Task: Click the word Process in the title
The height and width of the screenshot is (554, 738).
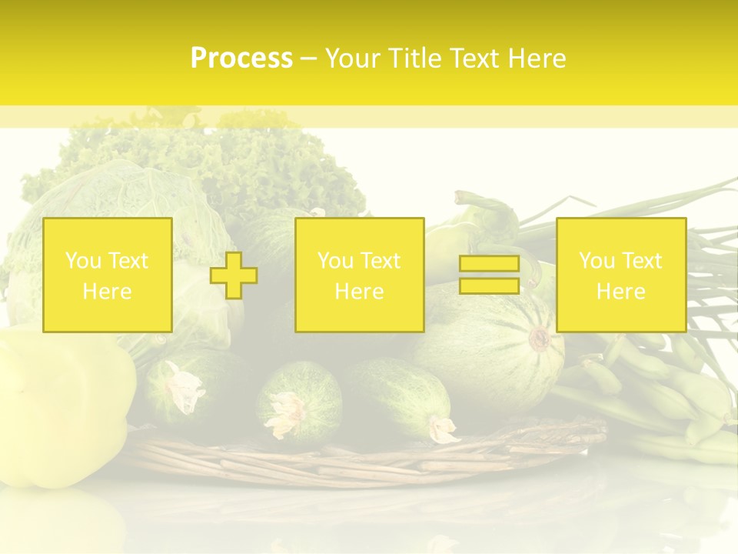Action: [x=241, y=58]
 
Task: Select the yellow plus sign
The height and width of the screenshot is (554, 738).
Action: [x=234, y=275]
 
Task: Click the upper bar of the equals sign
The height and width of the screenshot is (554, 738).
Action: [x=489, y=264]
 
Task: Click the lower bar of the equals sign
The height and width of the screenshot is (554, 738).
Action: [x=489, y=285]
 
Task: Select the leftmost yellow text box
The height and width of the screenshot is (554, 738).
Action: [x=108, y=275]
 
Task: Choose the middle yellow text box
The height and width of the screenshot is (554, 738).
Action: [x=359, y=275]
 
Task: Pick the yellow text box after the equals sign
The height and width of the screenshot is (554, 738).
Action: [x=620, y=275]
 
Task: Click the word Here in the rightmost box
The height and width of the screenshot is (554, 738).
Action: [x=620, y=292]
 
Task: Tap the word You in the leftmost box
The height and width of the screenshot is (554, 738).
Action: [x=82, y=261]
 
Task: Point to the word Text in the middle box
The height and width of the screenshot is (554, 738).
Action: [x=379, y=261]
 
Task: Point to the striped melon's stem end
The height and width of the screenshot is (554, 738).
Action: [x=540, y=339]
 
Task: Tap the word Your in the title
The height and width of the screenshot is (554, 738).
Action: [x=355, y=58]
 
